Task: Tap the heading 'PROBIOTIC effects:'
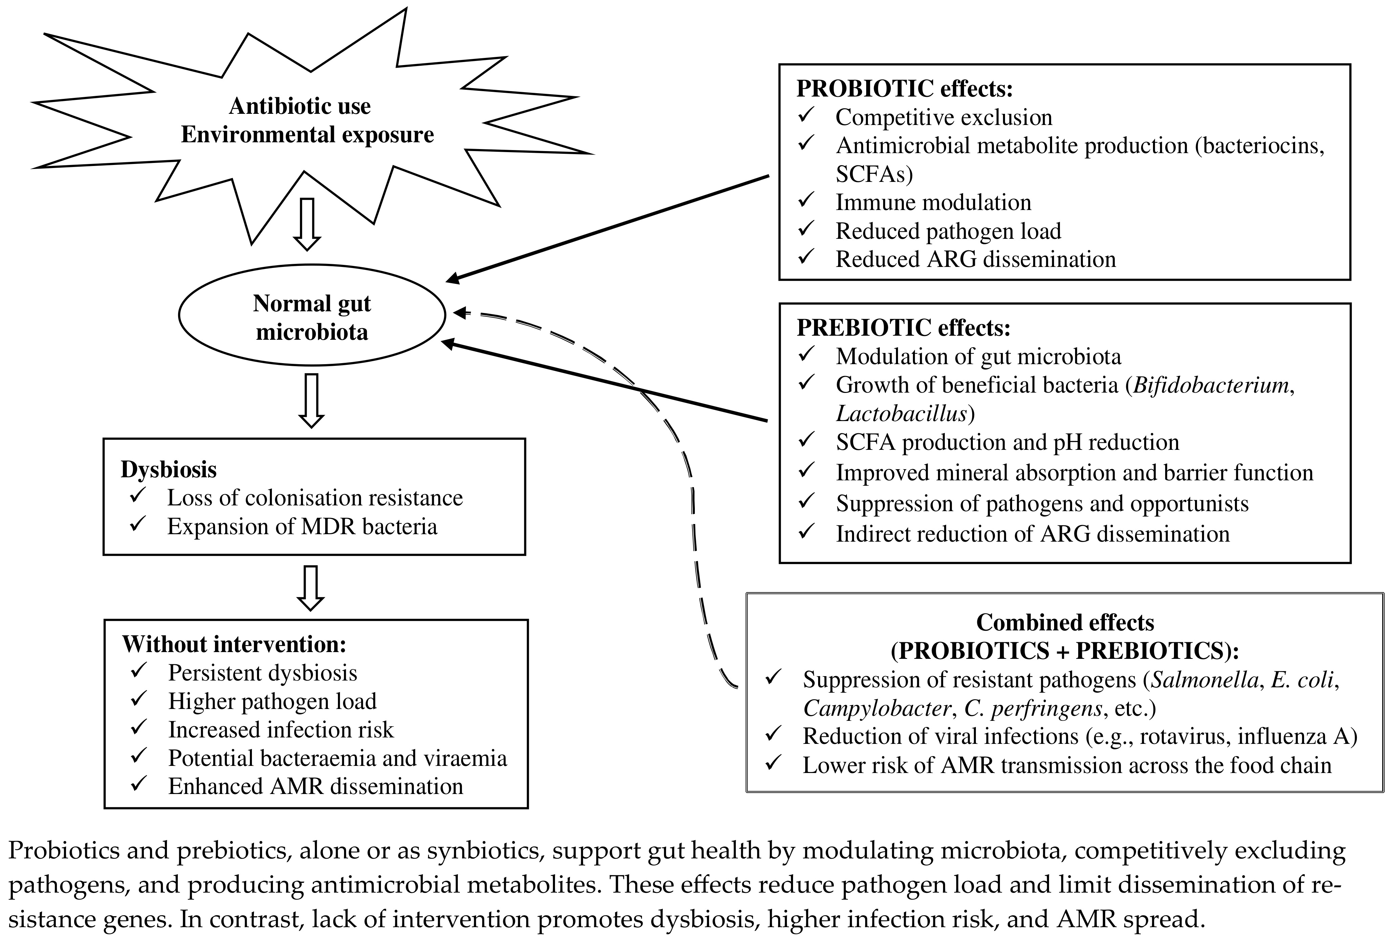904,88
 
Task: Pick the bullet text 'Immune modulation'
933,202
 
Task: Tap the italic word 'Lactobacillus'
901,413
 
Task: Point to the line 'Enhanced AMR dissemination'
316,786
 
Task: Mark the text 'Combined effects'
1065,623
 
